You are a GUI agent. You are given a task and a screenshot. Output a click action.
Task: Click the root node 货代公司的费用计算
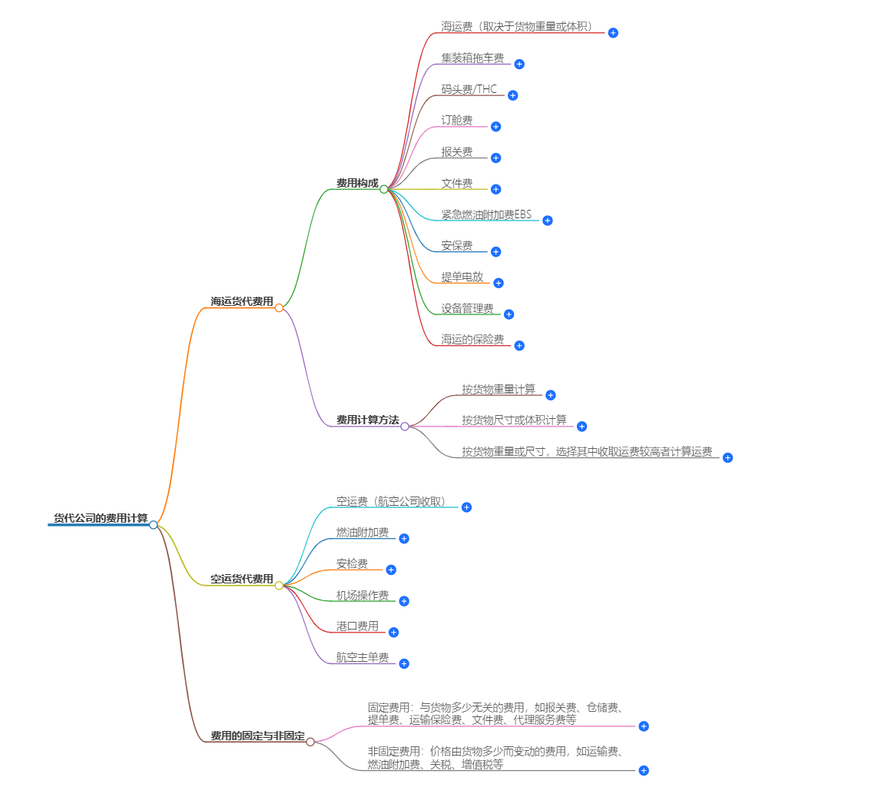point(100,518)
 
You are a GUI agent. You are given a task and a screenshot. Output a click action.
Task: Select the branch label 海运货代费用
point(242,301)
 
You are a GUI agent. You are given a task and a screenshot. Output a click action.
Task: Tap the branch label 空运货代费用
point(242,579)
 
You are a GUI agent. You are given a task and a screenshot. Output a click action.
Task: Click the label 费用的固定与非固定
point(257,736)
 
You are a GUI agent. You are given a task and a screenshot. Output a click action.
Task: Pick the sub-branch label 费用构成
point(357,183)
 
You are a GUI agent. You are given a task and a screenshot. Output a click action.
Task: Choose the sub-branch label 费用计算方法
point(367,420)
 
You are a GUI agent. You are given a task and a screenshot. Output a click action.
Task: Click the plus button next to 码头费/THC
point(513,95)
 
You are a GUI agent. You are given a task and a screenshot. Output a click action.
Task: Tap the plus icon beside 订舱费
point(495,127)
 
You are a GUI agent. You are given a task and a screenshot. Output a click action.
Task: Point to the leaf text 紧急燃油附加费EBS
point(486,214)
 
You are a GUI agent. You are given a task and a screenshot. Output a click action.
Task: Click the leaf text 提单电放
point(462,277)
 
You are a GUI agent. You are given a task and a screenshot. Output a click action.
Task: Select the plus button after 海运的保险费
point(519,346)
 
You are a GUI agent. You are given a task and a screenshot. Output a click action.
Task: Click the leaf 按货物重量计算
point(499,389)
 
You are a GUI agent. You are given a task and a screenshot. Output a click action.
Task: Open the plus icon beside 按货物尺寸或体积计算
point(581,427)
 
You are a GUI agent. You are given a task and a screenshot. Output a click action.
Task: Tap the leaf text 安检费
point(352,564)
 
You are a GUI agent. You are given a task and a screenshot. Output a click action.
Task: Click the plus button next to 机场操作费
point(404,601)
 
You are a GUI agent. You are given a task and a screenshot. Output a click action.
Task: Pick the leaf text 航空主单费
point(363,657)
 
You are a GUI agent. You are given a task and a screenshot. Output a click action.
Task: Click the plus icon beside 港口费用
point(393,633)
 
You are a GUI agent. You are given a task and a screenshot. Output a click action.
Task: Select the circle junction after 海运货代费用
point(279,307)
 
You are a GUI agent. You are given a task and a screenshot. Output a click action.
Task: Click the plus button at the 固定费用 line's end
point(644,726)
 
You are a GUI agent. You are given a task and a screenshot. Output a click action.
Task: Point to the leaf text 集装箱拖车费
point(472,58)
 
